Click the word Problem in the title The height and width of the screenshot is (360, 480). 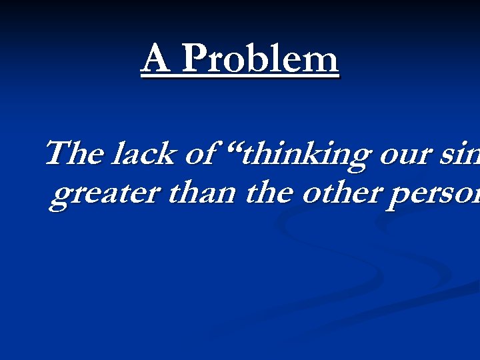click(259, 59)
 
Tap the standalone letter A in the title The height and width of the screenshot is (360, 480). click(155, 59)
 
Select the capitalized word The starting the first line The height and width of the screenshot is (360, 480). click(73, 153)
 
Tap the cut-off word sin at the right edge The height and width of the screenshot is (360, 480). click(463, 154)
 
